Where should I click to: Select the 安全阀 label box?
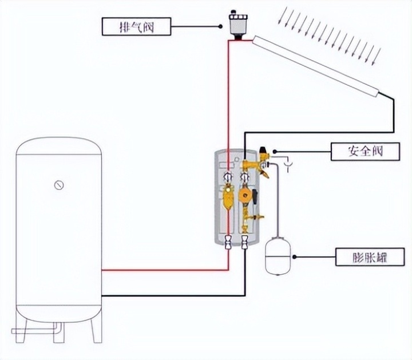(365, 152)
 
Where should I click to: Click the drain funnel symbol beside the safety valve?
(290, 167)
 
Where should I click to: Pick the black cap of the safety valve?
(264, 148)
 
